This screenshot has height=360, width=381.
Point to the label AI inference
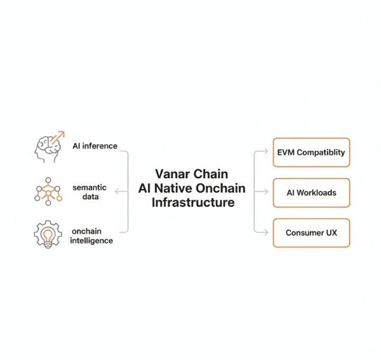tap(95, 146)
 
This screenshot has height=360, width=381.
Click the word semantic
tap(89, 188)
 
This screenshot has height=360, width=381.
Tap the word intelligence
tap(92, 241)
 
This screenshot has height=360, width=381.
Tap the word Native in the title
tap(175, 188)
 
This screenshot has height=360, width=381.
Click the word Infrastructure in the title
tap(193, 202)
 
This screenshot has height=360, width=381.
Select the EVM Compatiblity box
tap(311, 152)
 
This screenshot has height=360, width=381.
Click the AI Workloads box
tap(311, 192)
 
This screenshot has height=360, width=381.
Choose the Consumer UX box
tap(311, 233)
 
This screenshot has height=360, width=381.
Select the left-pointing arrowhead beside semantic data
tap(117, 192)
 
